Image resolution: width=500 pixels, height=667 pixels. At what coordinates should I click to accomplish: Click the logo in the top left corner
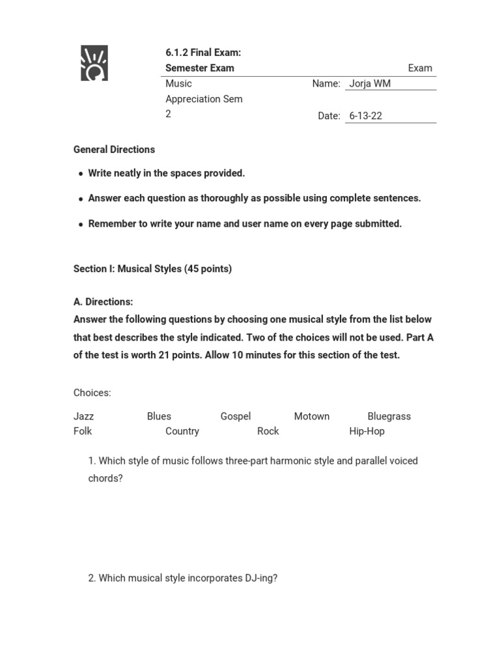click(94, 63)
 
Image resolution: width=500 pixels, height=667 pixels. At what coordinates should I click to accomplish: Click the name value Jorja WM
click(370, 83)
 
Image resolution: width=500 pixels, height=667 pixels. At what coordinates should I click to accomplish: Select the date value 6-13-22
click(365, 116)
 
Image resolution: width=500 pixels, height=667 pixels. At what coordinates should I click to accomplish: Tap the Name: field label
click(326, 83)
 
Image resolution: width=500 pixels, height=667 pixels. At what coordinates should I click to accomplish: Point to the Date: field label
click(329, 116)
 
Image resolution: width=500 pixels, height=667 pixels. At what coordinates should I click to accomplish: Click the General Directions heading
click(114, 149)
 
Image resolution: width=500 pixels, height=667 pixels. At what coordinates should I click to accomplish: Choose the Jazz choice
click(83, 416)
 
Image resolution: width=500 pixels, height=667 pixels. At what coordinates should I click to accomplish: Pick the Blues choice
click(159, 416)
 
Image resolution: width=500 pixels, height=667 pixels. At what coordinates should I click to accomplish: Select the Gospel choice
click(235, 416)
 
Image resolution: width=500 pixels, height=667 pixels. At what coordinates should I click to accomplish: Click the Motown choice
click(311, 416)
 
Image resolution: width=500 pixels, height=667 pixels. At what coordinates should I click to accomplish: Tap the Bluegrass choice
click(389, 416)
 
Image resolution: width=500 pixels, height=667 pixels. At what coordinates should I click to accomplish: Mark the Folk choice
click(83, 431)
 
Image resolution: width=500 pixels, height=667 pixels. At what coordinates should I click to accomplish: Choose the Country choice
click(182, 431)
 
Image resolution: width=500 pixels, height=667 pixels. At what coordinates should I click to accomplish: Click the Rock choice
click(268, 431)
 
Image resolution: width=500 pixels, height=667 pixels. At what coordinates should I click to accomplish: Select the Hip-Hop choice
click(367, 431)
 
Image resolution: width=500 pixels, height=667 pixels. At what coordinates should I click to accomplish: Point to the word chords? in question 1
click(105, 478)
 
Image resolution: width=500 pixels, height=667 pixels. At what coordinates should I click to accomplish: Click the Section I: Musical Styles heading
click(152, 268)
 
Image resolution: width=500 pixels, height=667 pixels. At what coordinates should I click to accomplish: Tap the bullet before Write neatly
click(81, 174)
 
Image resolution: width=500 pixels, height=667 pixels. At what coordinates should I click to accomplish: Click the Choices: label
click(92, 393)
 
